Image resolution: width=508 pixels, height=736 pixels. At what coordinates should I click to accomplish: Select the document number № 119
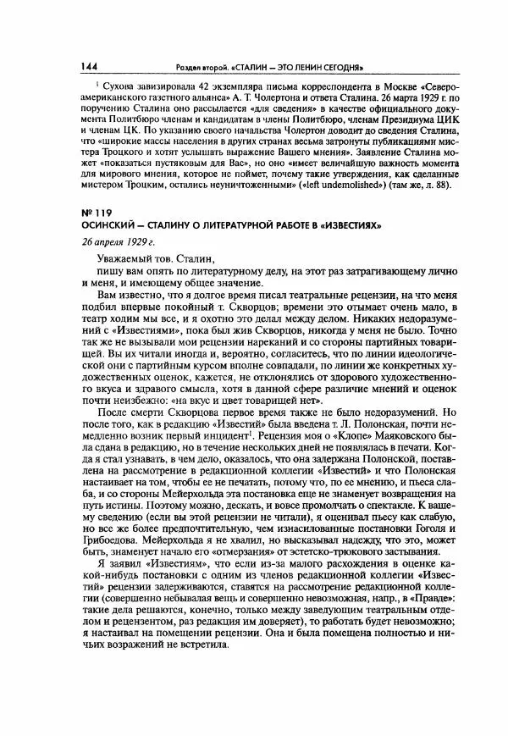95,213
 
